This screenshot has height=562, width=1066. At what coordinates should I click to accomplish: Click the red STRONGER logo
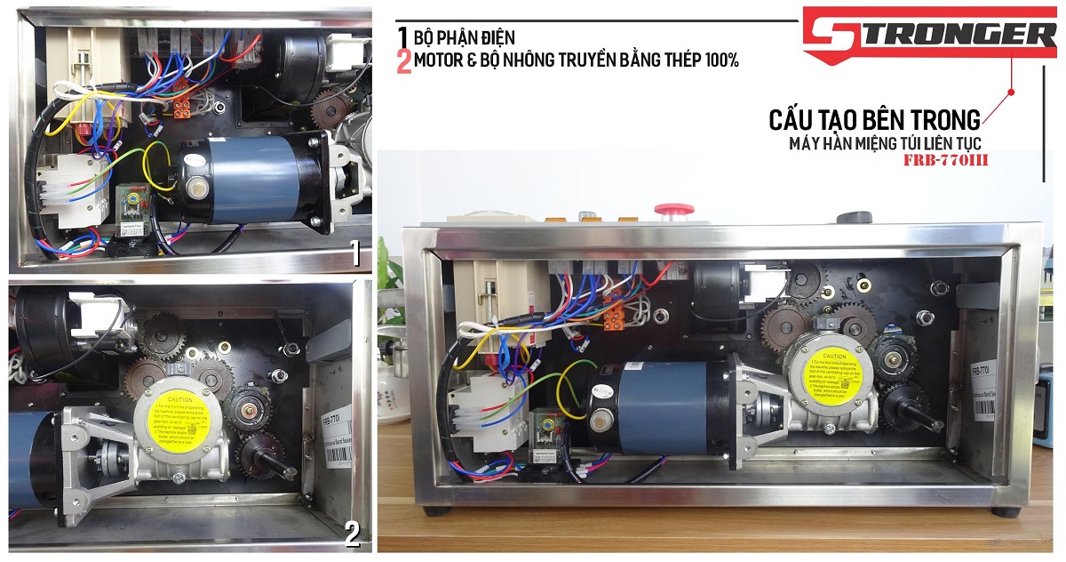click(x=928, y=36)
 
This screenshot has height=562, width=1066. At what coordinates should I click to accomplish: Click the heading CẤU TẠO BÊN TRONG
click(x=875, y=119)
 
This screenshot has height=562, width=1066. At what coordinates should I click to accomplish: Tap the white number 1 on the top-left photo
click(x=354, y=255)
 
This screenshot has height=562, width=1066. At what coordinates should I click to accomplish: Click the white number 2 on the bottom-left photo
click(x=352, y=534)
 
